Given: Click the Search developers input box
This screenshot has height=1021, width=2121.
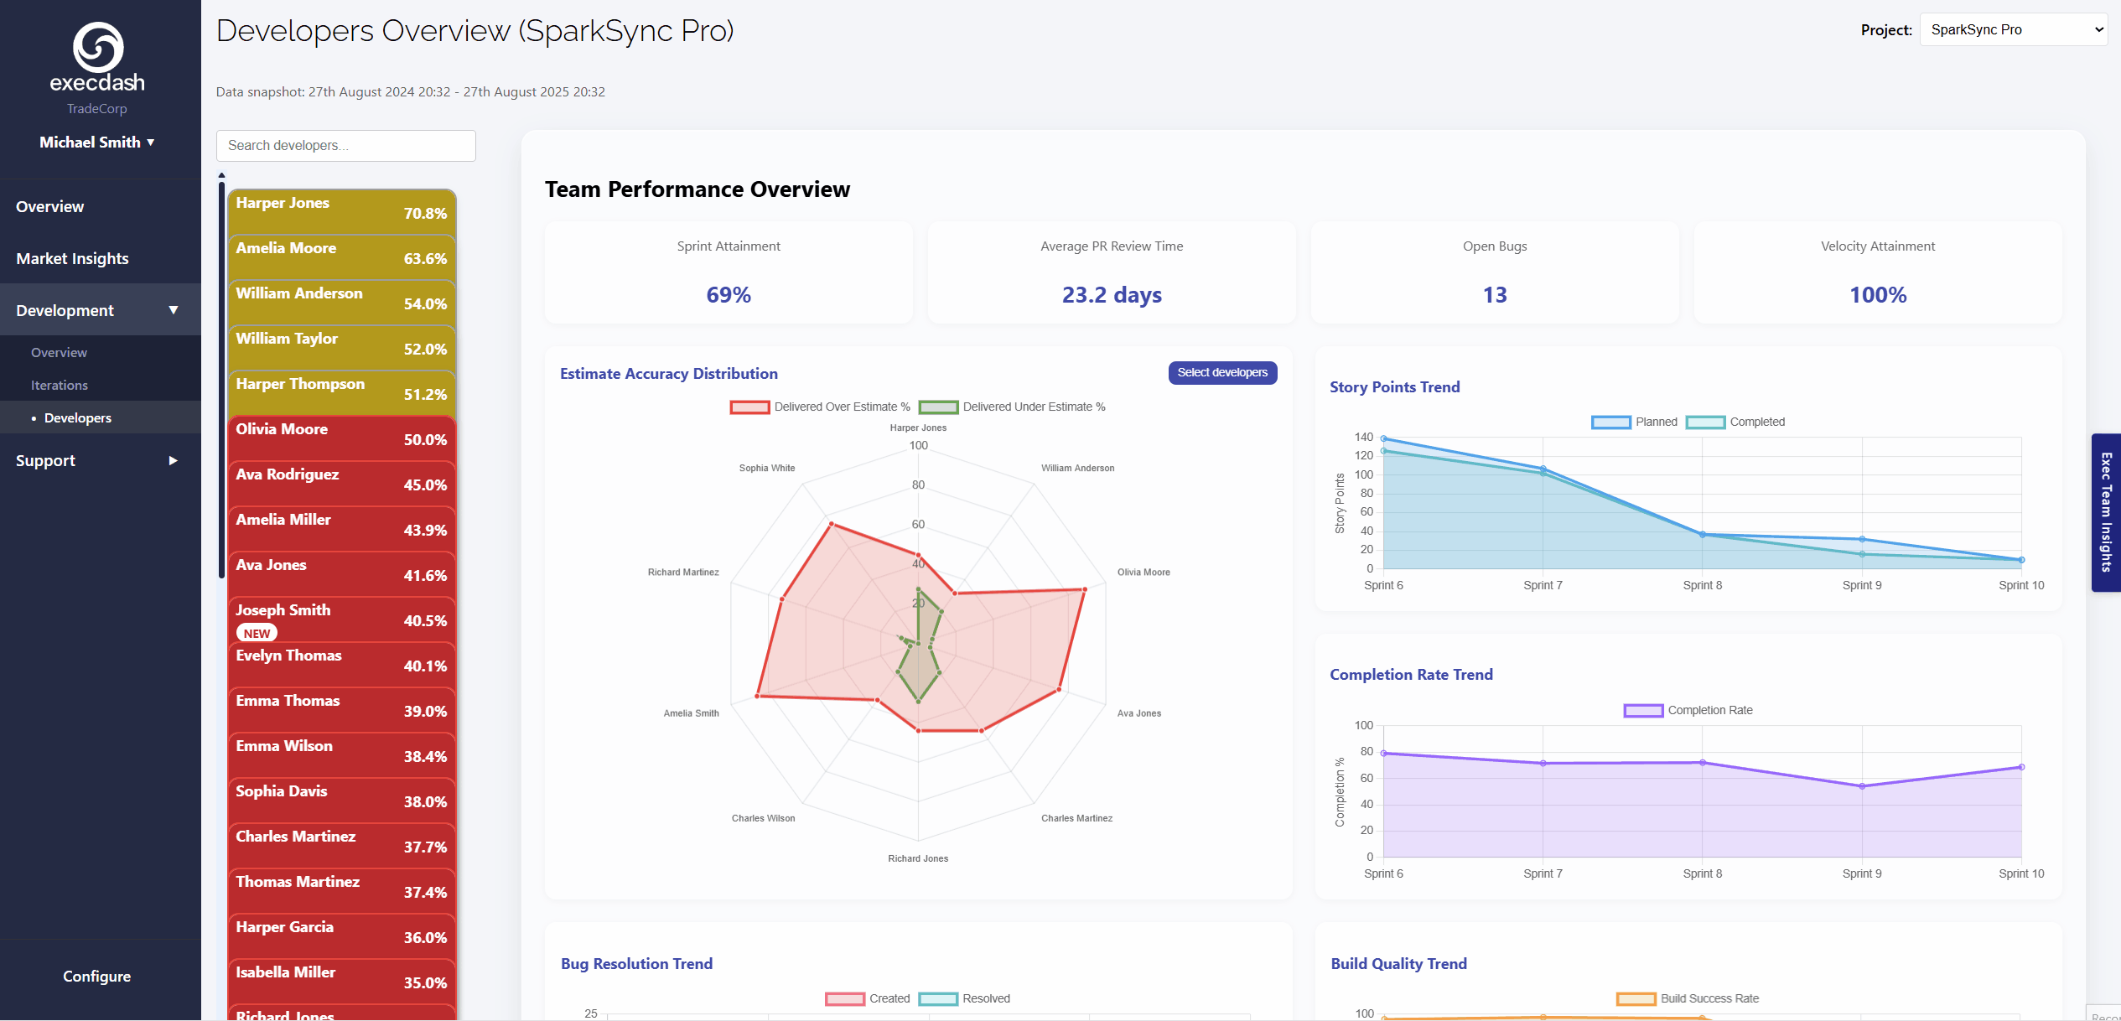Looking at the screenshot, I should [345, 146].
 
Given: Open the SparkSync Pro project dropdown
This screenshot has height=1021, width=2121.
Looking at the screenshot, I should [2012, 30].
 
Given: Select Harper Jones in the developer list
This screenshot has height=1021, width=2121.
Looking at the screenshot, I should [283, 204].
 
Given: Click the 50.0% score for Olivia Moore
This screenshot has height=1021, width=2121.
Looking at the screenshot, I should [425, 440].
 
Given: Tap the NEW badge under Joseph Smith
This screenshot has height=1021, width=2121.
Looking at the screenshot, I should [257, 634].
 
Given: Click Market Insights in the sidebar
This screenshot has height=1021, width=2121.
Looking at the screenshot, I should [72, 259].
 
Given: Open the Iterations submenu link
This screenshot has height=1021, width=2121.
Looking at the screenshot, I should [60, 386].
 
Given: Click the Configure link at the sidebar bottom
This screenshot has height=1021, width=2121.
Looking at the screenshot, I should [96, 977].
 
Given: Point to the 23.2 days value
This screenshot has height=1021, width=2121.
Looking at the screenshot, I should [1112, 295].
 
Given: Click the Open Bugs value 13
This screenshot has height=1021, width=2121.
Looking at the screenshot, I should [1494, 295].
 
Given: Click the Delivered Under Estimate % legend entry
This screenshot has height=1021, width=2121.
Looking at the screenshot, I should [1012, 407].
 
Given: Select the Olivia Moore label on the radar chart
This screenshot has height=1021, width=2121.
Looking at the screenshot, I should [1143, 573].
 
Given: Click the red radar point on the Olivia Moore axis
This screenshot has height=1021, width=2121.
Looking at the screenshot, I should [1084, 589].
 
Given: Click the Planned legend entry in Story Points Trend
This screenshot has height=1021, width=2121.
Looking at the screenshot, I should [1635, 422].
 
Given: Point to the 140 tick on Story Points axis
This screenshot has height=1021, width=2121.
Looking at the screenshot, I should [1363, 438].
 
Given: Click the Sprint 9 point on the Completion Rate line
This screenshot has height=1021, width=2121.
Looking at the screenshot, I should [1862, 786].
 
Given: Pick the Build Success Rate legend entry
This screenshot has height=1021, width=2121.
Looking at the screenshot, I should [1688, 999].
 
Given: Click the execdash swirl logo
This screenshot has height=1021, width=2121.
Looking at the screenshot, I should [98, 47].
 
